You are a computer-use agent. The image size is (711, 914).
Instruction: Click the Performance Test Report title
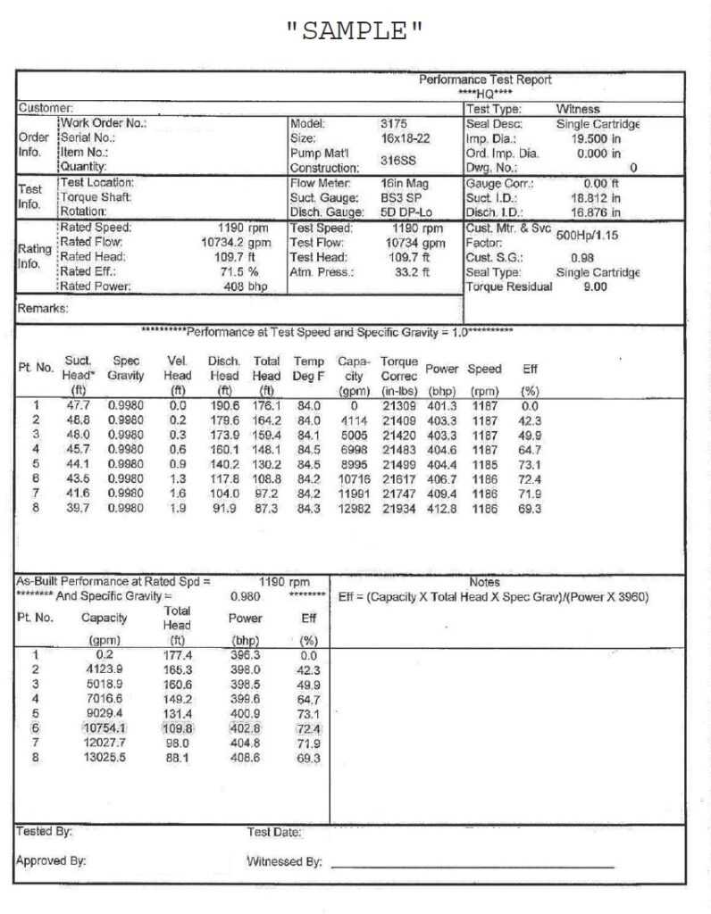click(485, 80)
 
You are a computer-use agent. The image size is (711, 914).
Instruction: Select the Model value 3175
click(394, 124)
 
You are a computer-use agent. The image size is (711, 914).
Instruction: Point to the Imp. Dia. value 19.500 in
click(596, 138)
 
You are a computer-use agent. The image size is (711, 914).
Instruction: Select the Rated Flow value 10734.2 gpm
click(235, 242)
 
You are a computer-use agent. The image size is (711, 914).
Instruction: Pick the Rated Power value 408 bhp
click(247, 287)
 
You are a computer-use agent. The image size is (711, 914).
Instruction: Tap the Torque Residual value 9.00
click(595, 287)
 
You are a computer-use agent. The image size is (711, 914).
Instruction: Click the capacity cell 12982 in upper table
click(355, 509)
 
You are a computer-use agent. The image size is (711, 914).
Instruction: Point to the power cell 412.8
click(441, 509)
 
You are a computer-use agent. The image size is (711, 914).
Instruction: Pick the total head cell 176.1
click(266, 404)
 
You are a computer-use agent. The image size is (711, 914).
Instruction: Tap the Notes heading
click(484, 582)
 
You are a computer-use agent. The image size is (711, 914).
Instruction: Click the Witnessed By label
click(284, 862)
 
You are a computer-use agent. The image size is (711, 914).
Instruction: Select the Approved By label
click(51, 861)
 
